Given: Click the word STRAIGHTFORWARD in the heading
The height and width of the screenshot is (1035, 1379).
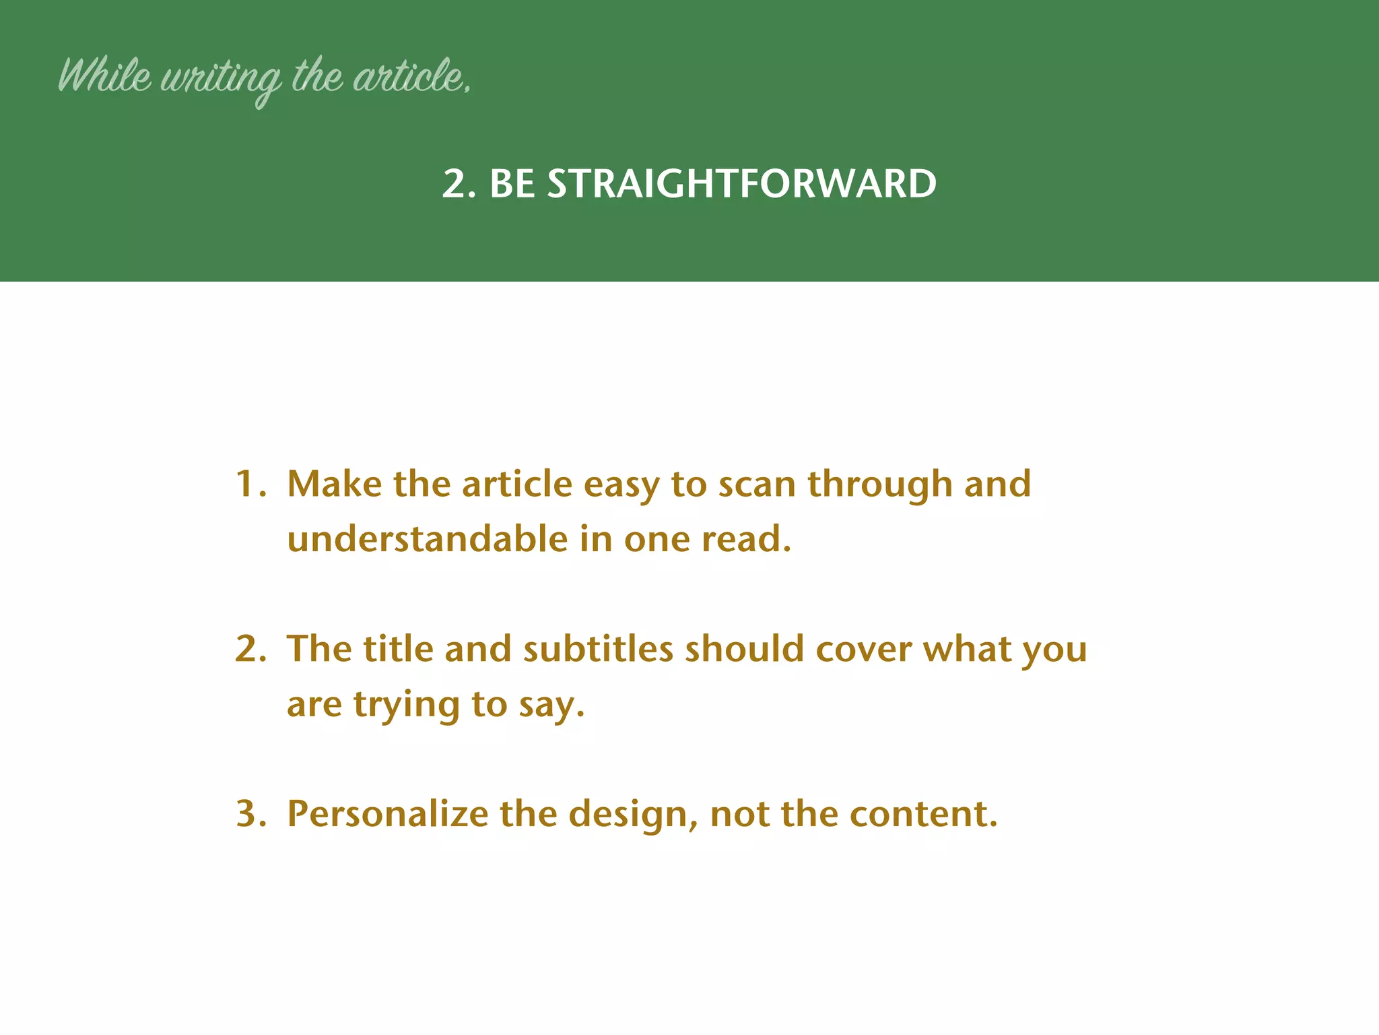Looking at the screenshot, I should pos(741,183).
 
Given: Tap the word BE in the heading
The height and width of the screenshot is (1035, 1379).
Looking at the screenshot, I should pos(512,183).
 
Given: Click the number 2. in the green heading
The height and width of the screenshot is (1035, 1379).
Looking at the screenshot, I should pos(459,183).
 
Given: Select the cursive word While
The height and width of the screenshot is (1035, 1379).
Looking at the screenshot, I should pos(105,75).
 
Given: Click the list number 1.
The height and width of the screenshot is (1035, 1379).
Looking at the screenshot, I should pos(250,484).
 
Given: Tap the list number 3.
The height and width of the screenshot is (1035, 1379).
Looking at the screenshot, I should pos(250,813).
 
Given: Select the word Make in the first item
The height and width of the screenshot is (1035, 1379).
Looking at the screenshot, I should pos(335,484).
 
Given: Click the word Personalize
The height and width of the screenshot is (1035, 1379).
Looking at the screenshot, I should pos(387,813).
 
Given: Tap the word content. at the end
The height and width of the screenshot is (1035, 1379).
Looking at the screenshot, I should pos(923,813).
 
